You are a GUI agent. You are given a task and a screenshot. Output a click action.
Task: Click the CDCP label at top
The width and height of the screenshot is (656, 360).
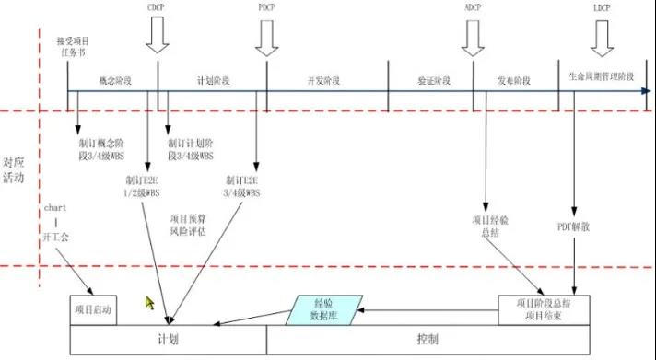[158, 7]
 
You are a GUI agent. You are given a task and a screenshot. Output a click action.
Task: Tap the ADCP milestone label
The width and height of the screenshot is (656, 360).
[473, 7]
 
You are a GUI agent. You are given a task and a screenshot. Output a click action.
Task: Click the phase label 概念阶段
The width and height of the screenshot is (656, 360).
[114, 80]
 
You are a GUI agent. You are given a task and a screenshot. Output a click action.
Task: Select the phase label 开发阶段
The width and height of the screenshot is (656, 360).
[322, 80]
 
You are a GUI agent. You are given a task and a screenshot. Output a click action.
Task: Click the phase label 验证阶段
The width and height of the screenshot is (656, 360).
[433, 80]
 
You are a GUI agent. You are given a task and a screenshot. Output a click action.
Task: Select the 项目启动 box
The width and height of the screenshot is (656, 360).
[92, 309]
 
